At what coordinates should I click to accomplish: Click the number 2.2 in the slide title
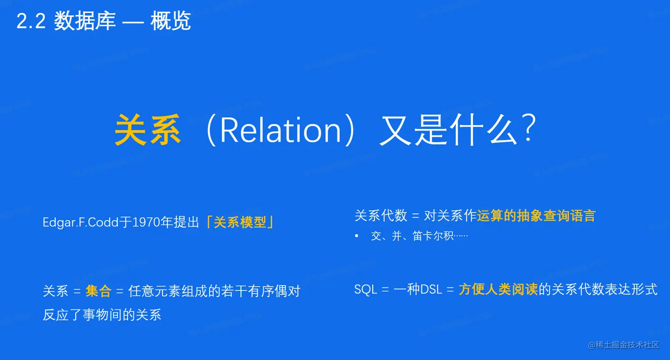[x=31, y=21]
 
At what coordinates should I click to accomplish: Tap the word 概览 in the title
[x=171, y=21]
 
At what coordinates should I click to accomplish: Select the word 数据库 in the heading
[x=85, y=21]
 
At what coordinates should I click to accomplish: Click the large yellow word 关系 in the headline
[x=148, y=130]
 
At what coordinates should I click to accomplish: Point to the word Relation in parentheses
[x=280, y=131]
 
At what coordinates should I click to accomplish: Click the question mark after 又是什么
[x=530, y=128]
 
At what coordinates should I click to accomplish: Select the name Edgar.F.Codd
[x=81, y=222]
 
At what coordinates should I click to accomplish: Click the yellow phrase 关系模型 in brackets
[x=240, y=222]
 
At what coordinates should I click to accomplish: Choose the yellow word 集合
[x=98, y=290]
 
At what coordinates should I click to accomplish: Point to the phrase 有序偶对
[x=274, y=290]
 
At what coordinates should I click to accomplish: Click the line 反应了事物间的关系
[x=102, y=314]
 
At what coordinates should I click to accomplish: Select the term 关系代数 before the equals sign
[x=381, y=216]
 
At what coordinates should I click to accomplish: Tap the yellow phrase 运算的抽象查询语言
[x=536, y=216]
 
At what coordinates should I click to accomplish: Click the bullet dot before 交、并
[x=357, y=236]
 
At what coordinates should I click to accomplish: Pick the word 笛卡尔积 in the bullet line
[x=433, y=236]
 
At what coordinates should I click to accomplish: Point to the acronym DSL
[x=431, y=289]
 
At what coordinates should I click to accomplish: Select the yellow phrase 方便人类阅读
[x=498, y=289]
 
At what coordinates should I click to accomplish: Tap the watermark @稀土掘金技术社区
[x=623, y=345]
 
